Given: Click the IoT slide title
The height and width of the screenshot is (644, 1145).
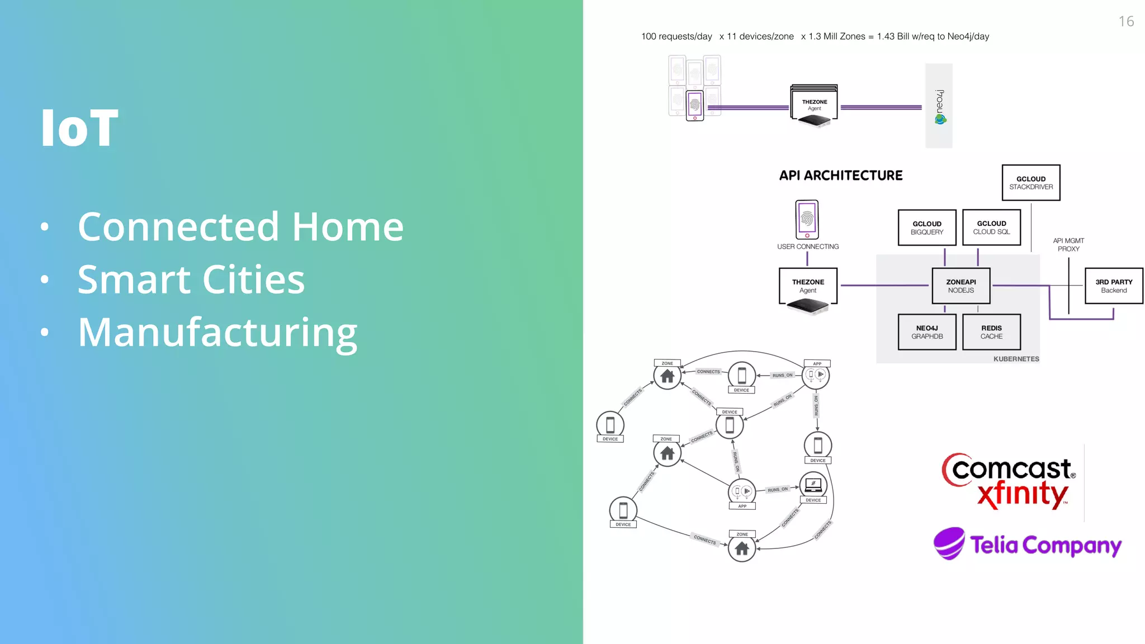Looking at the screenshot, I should tap(80, 128).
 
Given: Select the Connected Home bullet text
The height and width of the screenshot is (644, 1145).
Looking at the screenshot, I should tap(240, 227).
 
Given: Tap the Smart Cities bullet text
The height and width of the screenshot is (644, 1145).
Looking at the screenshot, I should tap(191, 280).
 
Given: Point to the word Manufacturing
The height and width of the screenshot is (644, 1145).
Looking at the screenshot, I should tap(217, 333).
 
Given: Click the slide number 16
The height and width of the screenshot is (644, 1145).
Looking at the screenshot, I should tap(1126, 22).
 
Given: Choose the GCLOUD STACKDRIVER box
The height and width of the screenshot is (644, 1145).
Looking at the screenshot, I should tap(1030, 183).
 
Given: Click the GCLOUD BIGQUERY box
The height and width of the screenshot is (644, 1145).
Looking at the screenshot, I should tap(926, 228).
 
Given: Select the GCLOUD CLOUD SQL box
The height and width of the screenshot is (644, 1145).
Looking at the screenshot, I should tap(991, 228).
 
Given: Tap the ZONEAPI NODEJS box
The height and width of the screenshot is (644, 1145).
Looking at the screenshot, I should tap(961, 286).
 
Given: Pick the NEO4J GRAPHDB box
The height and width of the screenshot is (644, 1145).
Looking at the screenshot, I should tap(926, 332).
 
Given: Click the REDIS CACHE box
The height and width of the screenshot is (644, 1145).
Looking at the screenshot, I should tap(991, 332).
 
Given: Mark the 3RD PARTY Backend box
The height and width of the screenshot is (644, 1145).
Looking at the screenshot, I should tap(1113, 286).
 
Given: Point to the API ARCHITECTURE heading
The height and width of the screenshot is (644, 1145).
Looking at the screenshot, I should tap(840, 176).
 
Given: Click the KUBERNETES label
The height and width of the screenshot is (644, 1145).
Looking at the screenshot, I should tap(1016, 359).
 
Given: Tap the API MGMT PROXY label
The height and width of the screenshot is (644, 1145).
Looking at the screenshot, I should tap(1068, 245).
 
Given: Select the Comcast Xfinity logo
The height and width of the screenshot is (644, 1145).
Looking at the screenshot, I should tap(1009, 481).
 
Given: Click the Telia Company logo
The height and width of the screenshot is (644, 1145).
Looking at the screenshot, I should tap(1028, 544).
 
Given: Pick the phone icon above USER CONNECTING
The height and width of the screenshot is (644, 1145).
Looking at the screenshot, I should tap(807, 220).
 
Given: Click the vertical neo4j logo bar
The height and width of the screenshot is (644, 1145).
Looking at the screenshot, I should tap(939, 106).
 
